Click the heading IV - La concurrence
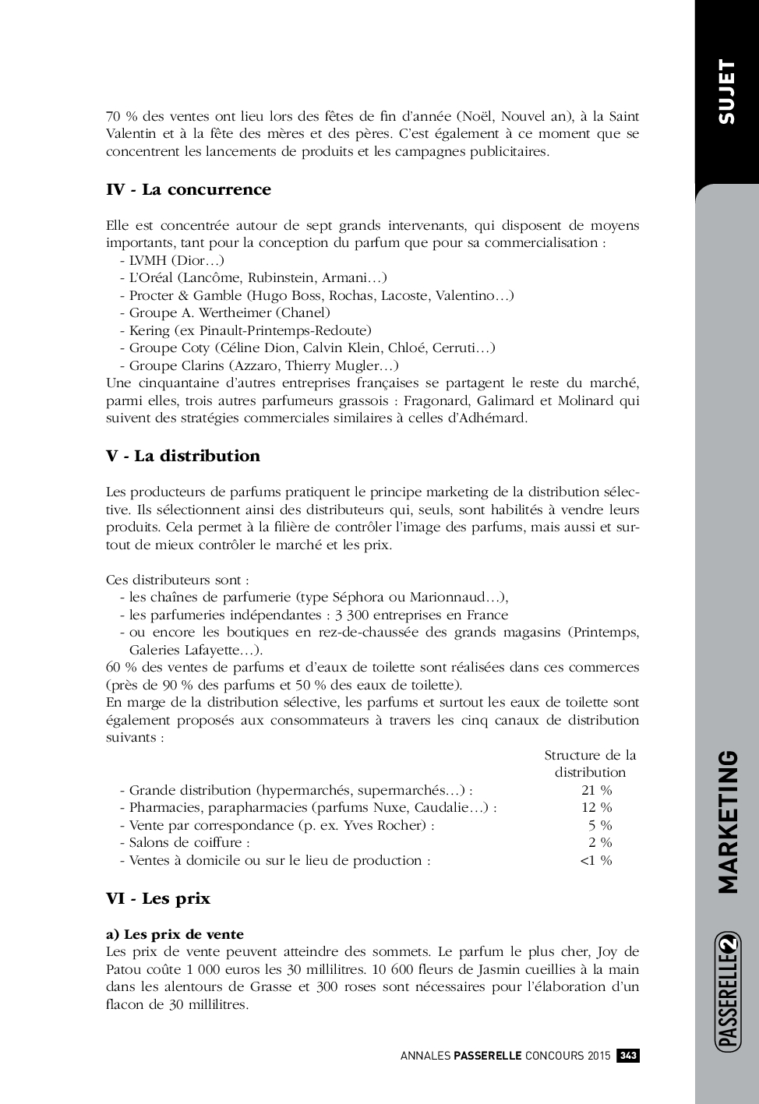pyautogui.click(x=189, y=189)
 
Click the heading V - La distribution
pyautogui.click(x=183, y=456)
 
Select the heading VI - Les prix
pyautogui.click(x=158, y=898)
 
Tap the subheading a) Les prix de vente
pyautogui.click(x=175, y=934)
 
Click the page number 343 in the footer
pyautogui.click(x=628, y=1056)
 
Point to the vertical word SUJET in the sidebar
pyautogui.click(x=726, y=91)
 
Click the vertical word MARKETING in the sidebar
pyautogui.click(x=727, y=821)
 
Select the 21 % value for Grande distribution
pyautogui.click(x=597, y=790)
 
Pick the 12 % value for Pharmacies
pyautogui.click(x=597, y=807)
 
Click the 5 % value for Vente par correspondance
pyautogui.click(x=600, y=825)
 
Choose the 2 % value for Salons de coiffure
pyautogui.click(x=600, y=842)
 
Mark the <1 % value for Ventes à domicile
pyautogui.click(x=596, y=860)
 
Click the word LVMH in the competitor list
pyautogui.click(x=147, y=260)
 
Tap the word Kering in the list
pyautogui.click(x=150, y=330)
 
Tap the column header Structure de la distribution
pyautogui.click(x=590, y=764)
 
